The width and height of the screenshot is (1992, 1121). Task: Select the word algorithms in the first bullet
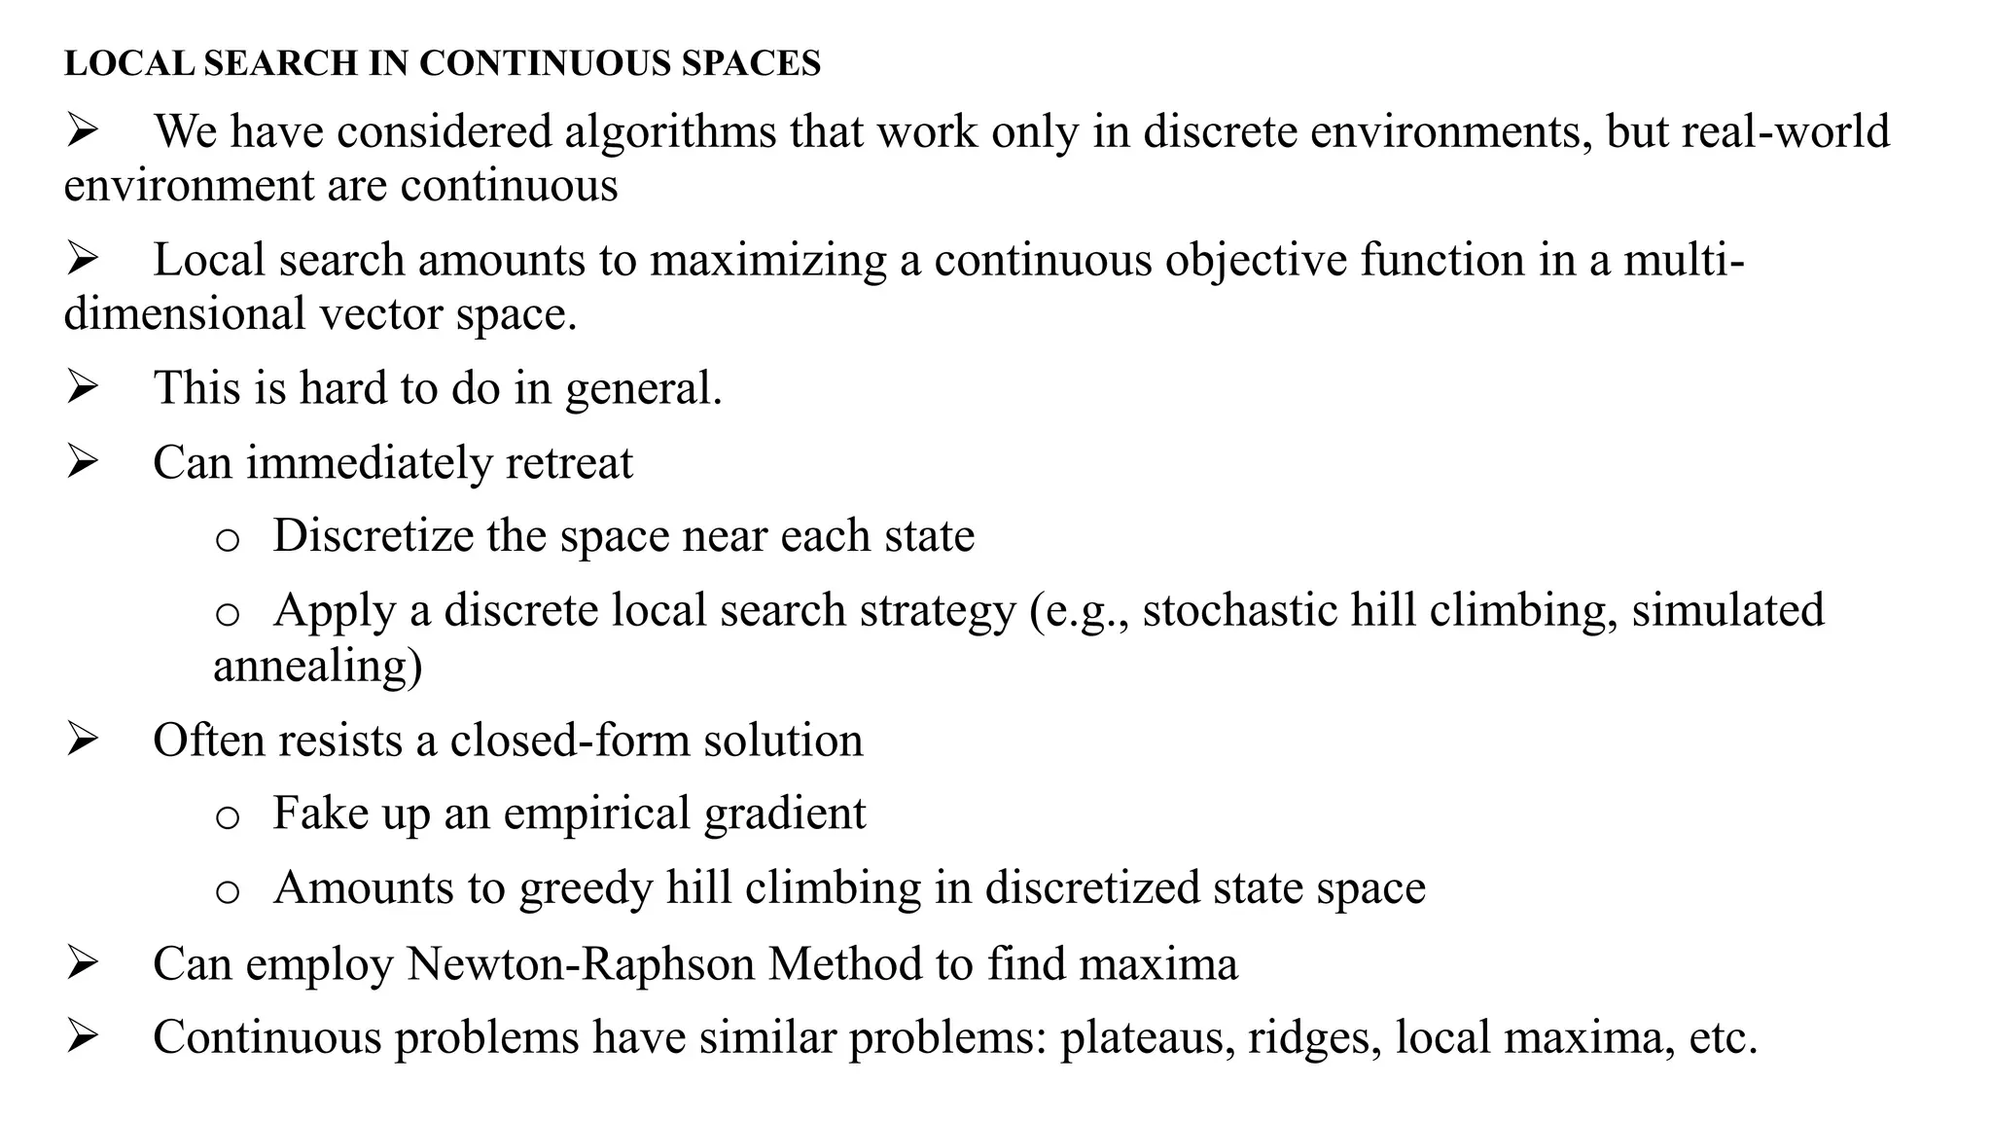[x=671, y=131]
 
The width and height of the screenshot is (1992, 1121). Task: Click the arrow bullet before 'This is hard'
[x=83, y=387]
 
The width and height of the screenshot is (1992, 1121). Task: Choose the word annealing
[x=317, y=666]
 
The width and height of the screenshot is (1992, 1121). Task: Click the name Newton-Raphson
[x=580, y=963]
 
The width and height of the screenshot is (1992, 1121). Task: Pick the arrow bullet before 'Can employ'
[x=83, y=963]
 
